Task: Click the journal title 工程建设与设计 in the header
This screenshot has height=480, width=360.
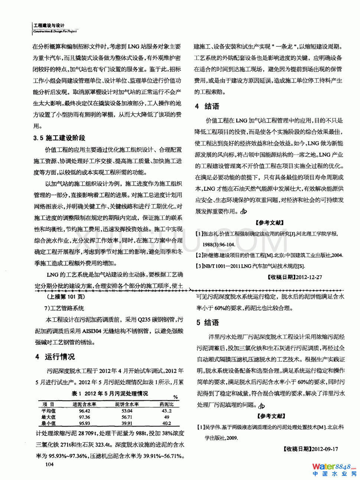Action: (49, 25)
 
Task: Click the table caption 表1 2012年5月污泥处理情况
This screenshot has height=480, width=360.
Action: (109, 394)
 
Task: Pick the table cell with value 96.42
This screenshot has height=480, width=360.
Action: (85, 411)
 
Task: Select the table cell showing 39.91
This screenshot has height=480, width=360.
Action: (127, 423)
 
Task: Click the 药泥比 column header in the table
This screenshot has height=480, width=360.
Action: (166, 404)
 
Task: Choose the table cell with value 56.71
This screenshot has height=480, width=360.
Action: (127, 417)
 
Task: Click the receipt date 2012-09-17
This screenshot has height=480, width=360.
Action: (325, 449)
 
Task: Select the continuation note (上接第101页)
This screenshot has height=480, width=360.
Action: (66, 297)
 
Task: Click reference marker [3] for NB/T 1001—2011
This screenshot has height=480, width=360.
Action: (199, 266)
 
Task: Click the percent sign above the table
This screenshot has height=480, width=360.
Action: (176, 397)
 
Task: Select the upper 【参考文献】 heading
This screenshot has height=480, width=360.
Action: (269, 223)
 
